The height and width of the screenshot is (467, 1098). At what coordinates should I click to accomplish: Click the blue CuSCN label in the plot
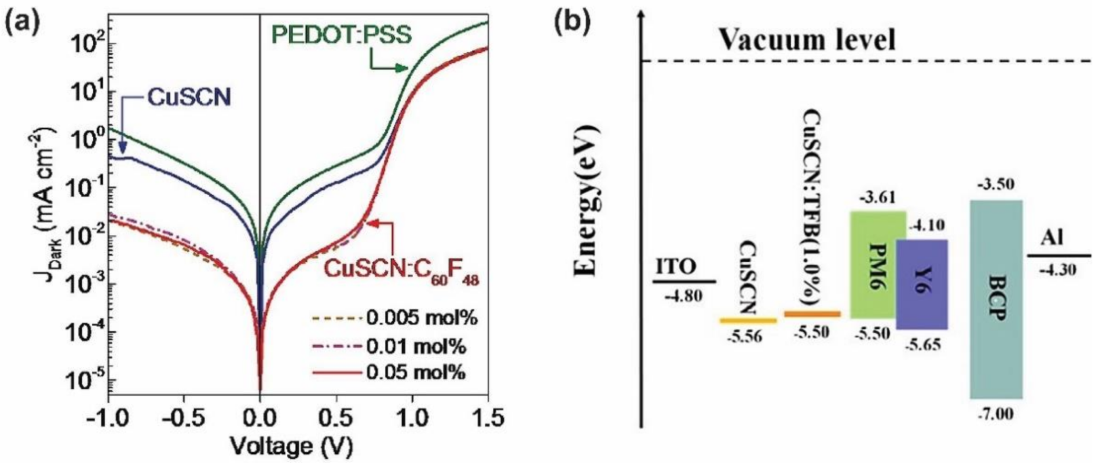pos(189,98)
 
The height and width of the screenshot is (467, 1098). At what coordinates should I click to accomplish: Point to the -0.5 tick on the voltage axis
pos(184,419)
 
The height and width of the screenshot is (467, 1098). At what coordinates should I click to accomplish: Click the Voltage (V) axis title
pos(291,447)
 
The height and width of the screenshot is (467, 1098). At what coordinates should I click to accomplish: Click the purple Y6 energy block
pos(922,284)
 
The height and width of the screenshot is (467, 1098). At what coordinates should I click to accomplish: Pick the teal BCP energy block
pos(996,299)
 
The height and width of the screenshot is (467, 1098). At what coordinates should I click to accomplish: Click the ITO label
pos(677,267)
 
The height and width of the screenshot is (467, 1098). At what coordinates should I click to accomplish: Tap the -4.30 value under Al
pos(1058,270)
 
